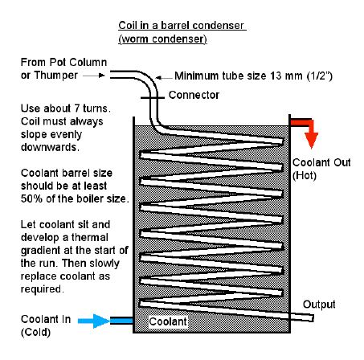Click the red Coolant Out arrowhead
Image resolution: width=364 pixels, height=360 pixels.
click(311, 140)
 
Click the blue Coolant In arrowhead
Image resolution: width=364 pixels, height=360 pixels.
click(101, 321)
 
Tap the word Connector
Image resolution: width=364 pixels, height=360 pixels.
click(194, 95)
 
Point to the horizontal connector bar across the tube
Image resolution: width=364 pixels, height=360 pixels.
click(153, 98)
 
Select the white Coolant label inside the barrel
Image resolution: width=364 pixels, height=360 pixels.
click(168, 321)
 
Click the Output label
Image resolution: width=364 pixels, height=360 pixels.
click(319, 305)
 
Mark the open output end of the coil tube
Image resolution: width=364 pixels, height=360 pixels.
click(312, 318)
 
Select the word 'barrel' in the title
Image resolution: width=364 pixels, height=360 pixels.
click(175, 26)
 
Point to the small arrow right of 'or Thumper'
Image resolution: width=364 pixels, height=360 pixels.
click(94, 76)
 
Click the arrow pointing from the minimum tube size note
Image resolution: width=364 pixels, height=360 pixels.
click(164, 78)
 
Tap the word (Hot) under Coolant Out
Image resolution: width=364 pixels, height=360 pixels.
click(305, 176)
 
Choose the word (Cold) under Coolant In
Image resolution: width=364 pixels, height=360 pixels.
click(35, 333)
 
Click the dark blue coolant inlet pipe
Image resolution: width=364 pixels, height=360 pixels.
click(121, 321)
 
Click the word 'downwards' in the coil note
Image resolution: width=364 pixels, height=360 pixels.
click(49, 147)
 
